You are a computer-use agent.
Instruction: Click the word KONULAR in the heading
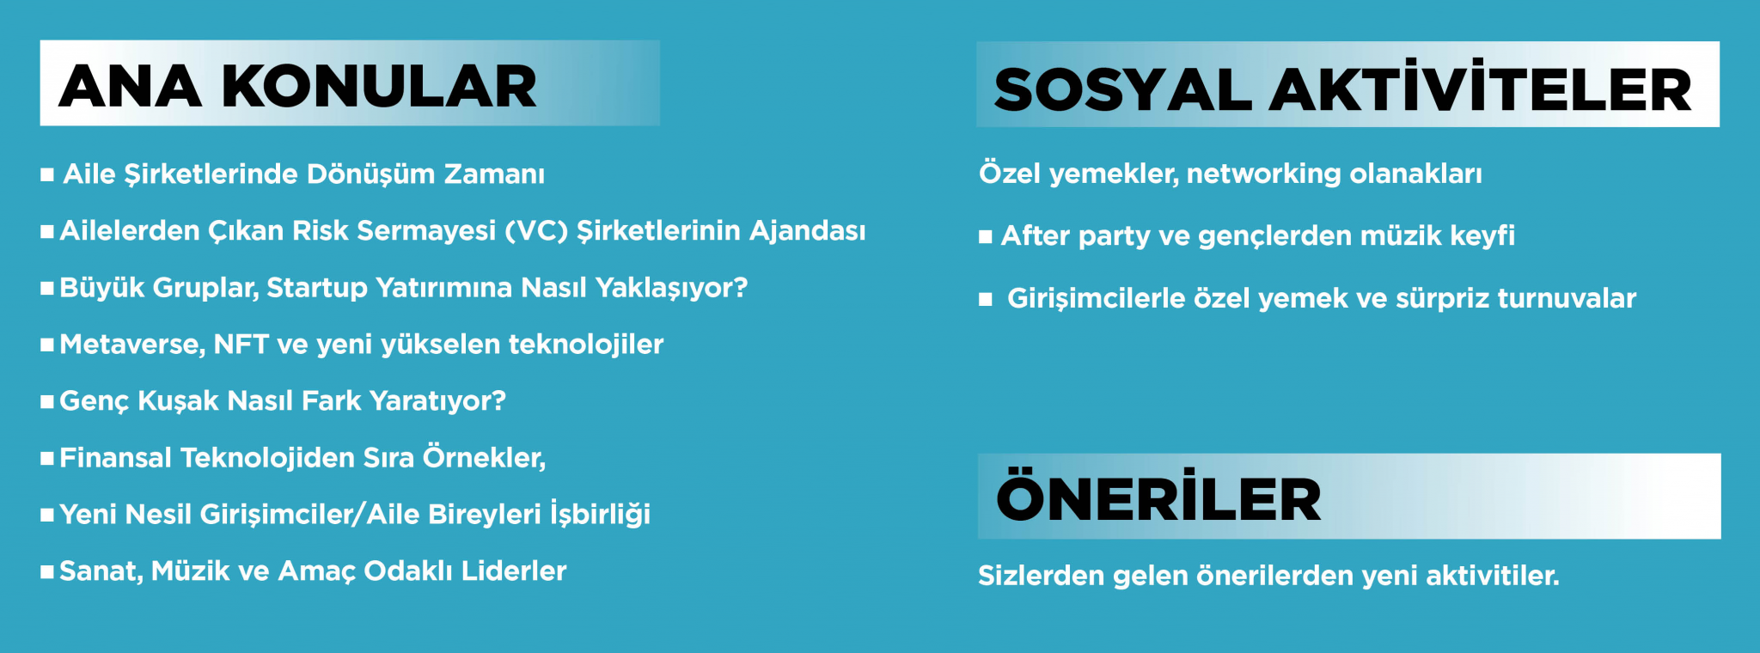pyautogui.click(x=379, y=87)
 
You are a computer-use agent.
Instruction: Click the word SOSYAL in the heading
pyautogui.click(x=1122, y=90)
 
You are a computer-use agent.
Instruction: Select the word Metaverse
pyautogui.click(x=132, y=345)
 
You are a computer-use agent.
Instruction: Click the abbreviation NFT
pyautogui.click(x=241, y=344)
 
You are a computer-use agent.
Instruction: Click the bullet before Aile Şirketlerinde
pyautogui.click(x=47, y=175)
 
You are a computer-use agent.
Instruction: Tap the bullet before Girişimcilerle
pyautogui.click(x=986, y=299)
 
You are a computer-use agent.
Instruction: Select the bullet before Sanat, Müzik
pyautogui.click(x=47, y=572)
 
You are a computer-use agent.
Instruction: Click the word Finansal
pyautogui.click(x=116, y=457)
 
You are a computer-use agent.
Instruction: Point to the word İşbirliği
pyautogui.click(x=601, y=513)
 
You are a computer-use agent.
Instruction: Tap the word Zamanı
pyautogui.click(x=494, y=174)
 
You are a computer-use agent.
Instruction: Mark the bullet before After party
pyautogui.click(x=986, y=237)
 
